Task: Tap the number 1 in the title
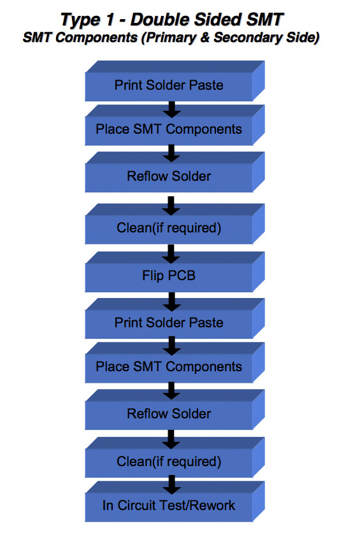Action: click(110, 19)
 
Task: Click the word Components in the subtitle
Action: click(96, 38)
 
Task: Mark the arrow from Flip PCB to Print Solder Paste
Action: click(171, 301)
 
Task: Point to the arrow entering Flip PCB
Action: click(171, 254)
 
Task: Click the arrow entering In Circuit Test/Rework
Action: click(171, 485)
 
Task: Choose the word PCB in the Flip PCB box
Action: click(182, 276)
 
